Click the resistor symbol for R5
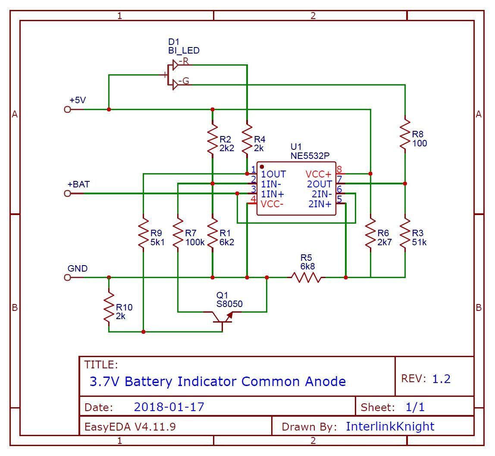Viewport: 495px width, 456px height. (306, 277)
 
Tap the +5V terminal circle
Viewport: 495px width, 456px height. (67, 110)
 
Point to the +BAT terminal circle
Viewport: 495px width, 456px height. (67, 194)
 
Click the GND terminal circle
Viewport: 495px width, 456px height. (67, 277)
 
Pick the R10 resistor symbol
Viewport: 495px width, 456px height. (109, 307)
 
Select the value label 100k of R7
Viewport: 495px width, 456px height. (195, 242)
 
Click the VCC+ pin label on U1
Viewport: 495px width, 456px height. (319, 174)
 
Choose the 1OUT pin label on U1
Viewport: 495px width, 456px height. (273, 174)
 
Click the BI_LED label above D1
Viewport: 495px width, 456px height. (184, 51)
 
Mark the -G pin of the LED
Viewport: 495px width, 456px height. (183, 81)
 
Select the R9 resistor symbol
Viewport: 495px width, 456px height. (143, 235)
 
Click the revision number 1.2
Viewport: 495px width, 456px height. (441, 379)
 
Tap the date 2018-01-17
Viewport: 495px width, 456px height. (169, 407)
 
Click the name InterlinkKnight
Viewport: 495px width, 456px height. (390, 427)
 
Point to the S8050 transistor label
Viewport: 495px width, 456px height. (229, 304)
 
